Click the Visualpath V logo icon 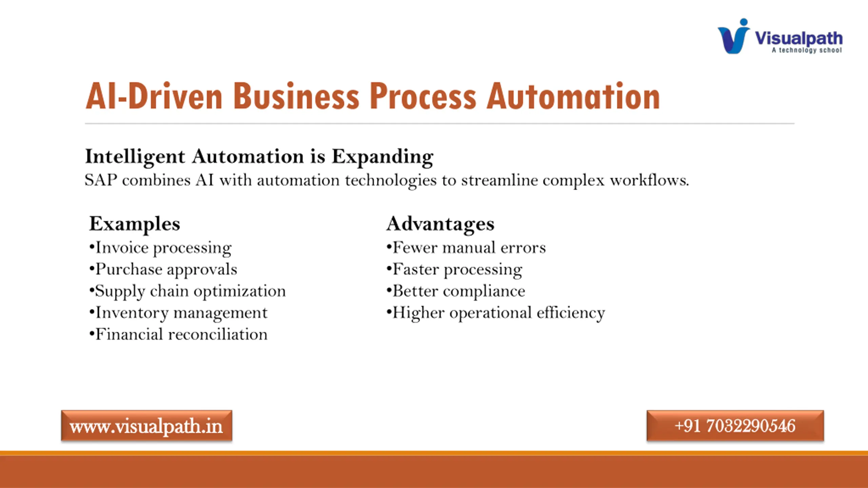pos(733,36)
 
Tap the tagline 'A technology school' pos(807,50)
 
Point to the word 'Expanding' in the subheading pos(382,157)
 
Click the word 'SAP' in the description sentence pos(101,180)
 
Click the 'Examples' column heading pos(135,224)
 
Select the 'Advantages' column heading pos(440,224)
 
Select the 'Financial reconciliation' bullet pos(178,334)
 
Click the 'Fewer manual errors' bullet pos(466,248)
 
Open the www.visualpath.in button pos(146,426)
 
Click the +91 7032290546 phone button pos(735,426)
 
